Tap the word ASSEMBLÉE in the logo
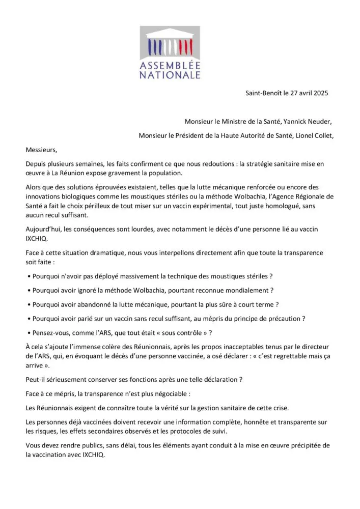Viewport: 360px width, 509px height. (170, 66)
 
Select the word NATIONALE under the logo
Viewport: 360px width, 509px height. (170, 75)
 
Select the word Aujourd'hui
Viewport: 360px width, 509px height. (44, 229)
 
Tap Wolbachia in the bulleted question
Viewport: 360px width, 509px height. (151, 290)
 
